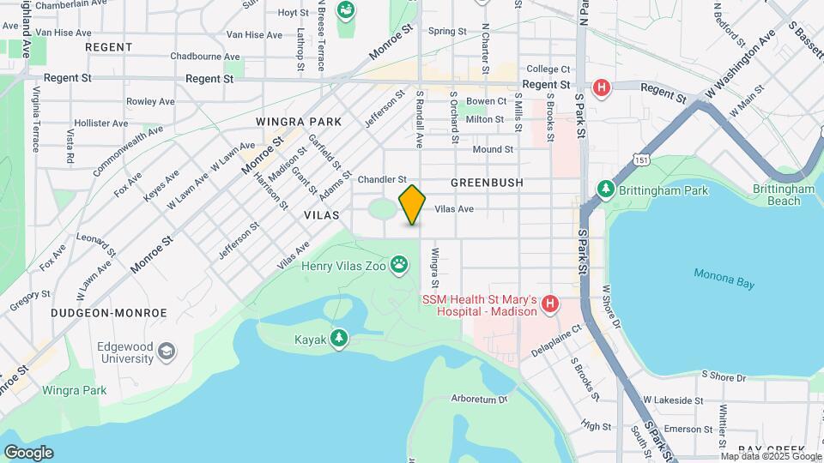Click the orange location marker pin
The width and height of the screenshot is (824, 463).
pyautogui.click(x=412, y=205)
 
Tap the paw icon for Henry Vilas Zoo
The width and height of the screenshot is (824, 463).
pyautogui.click(x=399, y=265)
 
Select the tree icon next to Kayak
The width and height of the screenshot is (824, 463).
pyautogui.click(x=341, y=340)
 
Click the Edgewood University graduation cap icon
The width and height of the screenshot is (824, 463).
pyautogui.click(x=167, y=351)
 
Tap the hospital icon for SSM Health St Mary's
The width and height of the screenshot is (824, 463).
pyautogui.click(x=550, y=304)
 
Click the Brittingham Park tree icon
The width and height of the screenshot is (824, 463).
pyautogui.click(x=606, y=189)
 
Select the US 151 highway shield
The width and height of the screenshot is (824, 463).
pyautogui.click(x=640, y=159)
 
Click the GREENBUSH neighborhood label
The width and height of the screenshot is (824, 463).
pyautogui.click(x=487, y=183)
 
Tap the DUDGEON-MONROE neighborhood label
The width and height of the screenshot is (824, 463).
pyautogui.click(x=108, y=314)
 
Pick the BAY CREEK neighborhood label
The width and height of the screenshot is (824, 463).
pyautogui.click(x=771, y=449)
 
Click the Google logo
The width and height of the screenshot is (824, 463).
pyautogui.click(x=28, y=452)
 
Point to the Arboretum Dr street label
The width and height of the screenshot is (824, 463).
pyautogui.click(x=480, y=399)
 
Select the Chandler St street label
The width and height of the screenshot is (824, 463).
pyautogui.click(x=382, y=179)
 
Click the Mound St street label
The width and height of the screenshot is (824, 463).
pyautogui.click(x=493, y=149)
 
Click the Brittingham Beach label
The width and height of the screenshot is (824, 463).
pyautogui.click(x=783, y=195)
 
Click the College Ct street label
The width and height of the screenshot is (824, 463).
pyautogui.click(x=548, y=69)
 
